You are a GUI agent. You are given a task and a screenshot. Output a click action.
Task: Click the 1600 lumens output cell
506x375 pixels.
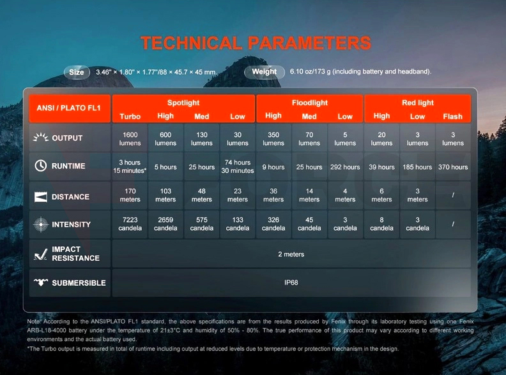point(130,139)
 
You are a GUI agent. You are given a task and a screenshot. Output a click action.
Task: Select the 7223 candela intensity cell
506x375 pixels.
point(130,224)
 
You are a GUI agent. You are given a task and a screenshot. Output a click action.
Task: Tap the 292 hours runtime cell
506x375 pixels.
point(345,167)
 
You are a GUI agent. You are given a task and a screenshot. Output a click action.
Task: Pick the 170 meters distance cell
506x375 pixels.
point(130,195)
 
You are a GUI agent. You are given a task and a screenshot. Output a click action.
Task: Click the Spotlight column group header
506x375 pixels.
point(183,103)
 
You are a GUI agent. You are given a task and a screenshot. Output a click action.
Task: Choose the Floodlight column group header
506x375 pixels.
point(310,103)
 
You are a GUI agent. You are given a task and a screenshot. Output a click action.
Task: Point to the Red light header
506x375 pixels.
point(418,103)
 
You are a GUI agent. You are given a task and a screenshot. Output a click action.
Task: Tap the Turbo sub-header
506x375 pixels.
point(130,116)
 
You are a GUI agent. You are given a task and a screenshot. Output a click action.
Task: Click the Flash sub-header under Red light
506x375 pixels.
point(453,116)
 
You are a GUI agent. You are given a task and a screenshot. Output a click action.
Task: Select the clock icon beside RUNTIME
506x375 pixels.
point(41,166)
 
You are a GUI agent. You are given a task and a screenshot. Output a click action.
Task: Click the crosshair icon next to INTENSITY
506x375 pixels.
point(41,224)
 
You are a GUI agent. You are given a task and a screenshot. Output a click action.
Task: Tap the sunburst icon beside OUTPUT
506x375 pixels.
point(41,138)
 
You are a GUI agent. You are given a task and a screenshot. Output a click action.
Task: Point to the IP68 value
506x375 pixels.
point(291,283)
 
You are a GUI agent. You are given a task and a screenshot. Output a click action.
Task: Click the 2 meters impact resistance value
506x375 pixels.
point(291,254)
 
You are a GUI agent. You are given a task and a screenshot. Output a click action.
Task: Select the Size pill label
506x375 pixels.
point(77,72)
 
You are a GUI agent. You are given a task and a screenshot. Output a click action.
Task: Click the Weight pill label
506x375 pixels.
point(264,71)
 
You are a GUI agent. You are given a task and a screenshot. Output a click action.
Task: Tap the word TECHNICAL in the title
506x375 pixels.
point(191,43)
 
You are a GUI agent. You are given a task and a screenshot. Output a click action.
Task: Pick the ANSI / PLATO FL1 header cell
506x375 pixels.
point(70,108)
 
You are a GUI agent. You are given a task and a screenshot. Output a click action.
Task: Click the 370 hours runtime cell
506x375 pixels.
point(453,167)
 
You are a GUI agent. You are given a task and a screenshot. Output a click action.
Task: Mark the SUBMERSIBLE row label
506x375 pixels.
point(79,283)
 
